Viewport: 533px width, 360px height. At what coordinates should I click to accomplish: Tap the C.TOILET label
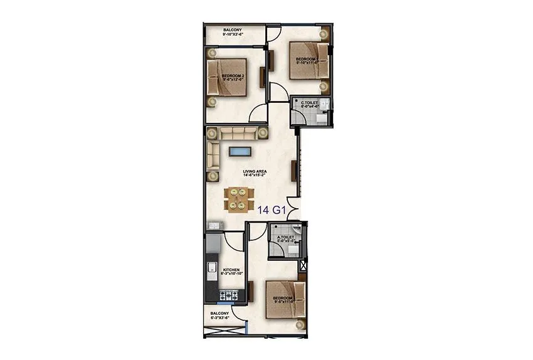tap(310, 104)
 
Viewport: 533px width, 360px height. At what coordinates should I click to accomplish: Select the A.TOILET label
tap(277, 238)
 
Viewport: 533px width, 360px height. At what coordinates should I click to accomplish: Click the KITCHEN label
tap(231, 272)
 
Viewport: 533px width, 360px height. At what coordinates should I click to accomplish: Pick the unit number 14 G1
tap(272, 211)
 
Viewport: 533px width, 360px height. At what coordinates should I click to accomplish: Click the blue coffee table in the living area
tap(240, 151)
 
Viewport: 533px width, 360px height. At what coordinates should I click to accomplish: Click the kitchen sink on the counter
tap(211, 272)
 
